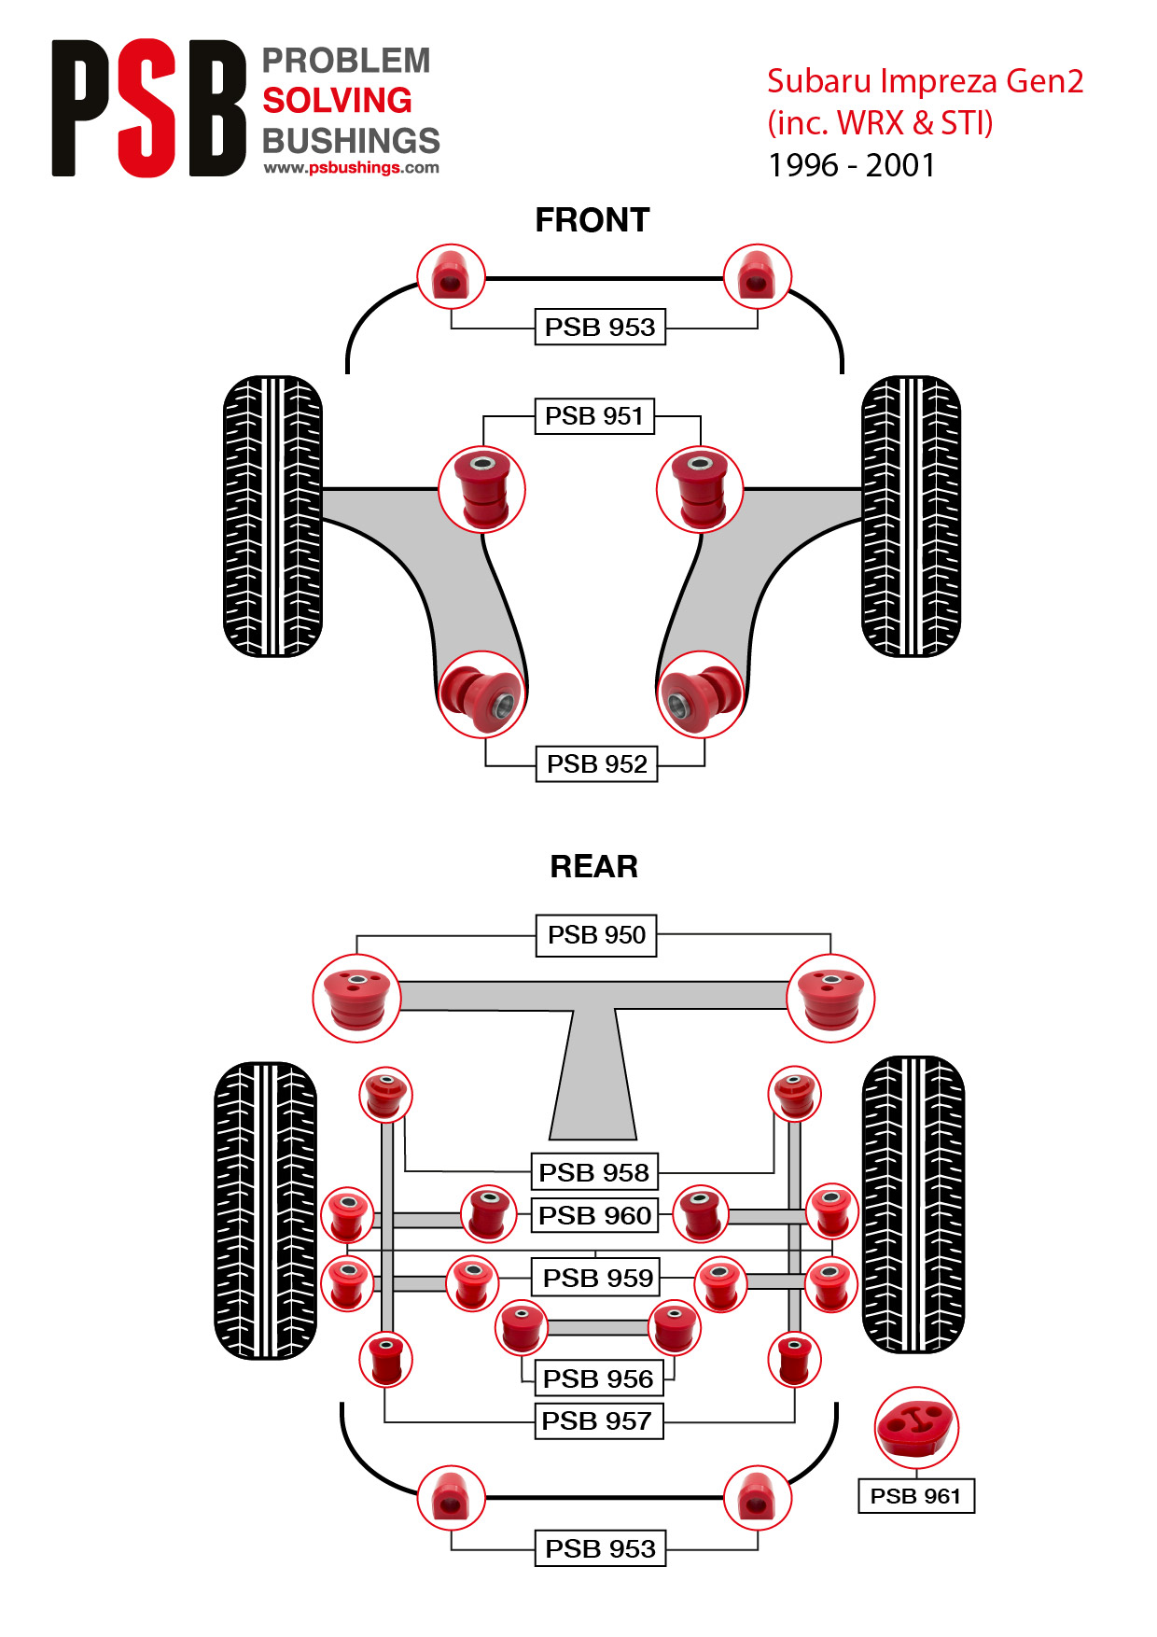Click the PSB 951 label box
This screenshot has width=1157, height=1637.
click(594, 416)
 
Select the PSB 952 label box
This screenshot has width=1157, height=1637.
click(596, 764)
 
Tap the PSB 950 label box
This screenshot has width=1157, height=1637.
click(596, 935)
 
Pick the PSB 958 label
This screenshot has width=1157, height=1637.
click(593, 1172)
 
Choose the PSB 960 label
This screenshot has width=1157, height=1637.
click(594, 1216)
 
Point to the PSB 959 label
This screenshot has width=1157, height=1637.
click(597, 1278)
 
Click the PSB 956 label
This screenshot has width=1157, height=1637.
click(597, 1378)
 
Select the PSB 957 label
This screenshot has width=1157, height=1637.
click(597, 1421)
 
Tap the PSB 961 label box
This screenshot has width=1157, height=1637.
click(915, 1496)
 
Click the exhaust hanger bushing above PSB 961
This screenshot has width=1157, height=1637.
click(916, 1428)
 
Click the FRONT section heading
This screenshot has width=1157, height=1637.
click(592, 220)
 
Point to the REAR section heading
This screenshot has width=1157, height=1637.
click(593, 867)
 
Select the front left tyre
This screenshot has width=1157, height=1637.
click(272, 516)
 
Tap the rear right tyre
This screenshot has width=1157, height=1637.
click(913, 1205)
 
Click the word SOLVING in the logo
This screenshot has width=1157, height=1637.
click(337, 101)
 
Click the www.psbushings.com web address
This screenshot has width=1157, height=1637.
click(351, 168)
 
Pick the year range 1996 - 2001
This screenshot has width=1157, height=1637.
click(851, 165)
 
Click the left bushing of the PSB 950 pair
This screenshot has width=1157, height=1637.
click(356, 998)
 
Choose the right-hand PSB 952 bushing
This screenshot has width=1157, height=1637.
click(700, 694)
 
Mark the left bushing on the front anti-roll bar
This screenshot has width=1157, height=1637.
click(451, 277)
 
